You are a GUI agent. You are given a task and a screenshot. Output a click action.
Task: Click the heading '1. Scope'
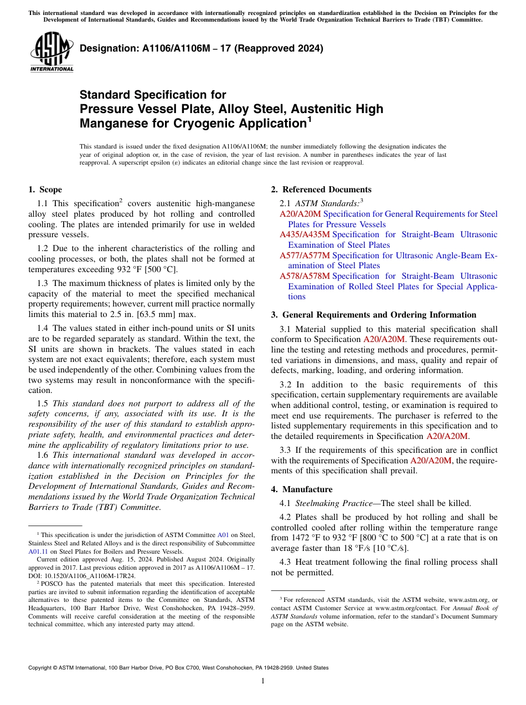pyautogui.click(x=45, y=190)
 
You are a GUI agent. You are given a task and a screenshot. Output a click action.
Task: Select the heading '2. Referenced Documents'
pyautogui.click(x=321, y=190)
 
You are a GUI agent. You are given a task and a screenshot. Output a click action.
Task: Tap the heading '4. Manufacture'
pyautogui.click(x=307, y=489)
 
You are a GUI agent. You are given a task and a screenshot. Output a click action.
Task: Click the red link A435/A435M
pyautogui.click(x=305, y=234)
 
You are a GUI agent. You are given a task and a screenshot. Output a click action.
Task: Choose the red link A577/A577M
pyautogui.click(x=305, y=256)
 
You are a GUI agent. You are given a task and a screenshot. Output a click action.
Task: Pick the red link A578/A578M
pyautogui.click(x=305, y=276)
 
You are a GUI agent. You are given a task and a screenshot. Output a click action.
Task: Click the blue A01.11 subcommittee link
pyautogui.click(x=38, y=552)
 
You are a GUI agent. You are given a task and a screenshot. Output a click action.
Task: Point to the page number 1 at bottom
pyautogui.click(x=263, y=681)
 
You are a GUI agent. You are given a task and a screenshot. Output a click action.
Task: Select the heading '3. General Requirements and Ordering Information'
pyautogui.click(x=374, y=315)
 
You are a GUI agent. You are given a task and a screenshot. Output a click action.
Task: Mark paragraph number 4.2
pyautogui.click(x=285, y=517)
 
